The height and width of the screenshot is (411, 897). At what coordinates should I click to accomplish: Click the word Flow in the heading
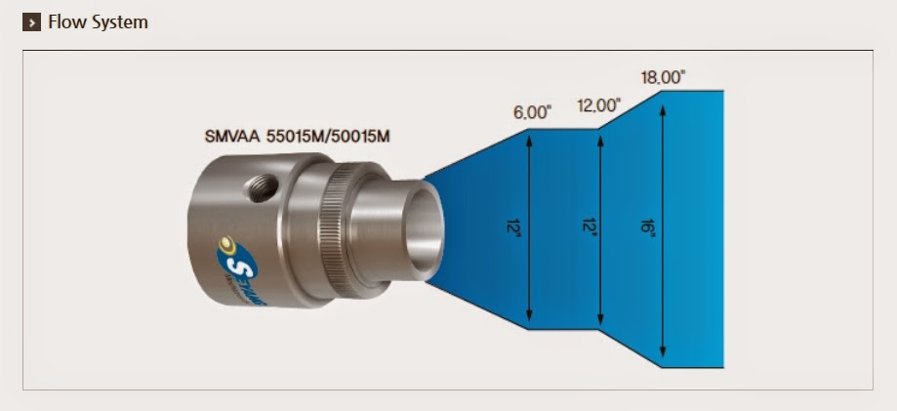65,21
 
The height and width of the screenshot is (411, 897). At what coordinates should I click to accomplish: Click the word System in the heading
119,21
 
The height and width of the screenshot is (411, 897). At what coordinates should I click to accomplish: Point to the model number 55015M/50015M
328,136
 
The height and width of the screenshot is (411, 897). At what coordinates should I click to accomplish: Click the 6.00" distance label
532,112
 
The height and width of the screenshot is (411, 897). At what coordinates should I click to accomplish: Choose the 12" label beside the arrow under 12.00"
583,228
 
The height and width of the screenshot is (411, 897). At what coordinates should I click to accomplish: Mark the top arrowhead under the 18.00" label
664,101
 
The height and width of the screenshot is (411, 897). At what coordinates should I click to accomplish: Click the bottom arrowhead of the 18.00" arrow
664,356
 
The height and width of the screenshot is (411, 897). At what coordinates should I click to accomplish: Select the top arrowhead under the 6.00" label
528,138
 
